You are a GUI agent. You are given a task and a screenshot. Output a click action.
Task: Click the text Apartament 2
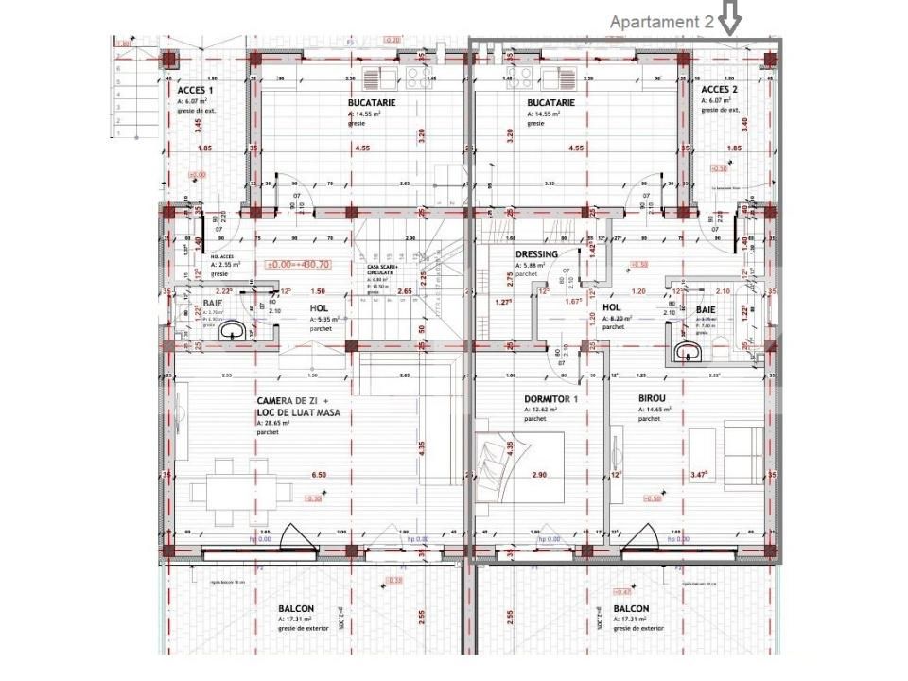[x=661, y=22]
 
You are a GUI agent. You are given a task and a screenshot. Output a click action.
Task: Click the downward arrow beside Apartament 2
[x=731, y=18]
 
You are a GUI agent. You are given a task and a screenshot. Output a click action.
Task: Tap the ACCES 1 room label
[x=196, y=90]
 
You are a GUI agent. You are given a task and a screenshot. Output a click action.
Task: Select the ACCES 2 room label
[x=720, y=90]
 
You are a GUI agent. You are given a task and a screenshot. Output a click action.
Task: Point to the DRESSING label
[x=536, y=254]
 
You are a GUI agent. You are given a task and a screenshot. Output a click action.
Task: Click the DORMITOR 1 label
[x=550, y=399]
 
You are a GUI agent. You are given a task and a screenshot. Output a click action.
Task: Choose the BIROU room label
[x=654, y=399]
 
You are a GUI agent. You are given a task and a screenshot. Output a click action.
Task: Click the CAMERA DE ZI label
[x=292, y=402]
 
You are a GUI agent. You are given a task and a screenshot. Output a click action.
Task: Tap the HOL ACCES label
[x=221, y=256]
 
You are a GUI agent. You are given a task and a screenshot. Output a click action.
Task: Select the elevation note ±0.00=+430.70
[x=297, y=265]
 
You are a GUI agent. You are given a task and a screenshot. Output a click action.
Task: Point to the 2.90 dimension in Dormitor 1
[x=539, y=474]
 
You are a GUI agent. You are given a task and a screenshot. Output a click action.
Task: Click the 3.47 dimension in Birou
[x=701, y=474]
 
